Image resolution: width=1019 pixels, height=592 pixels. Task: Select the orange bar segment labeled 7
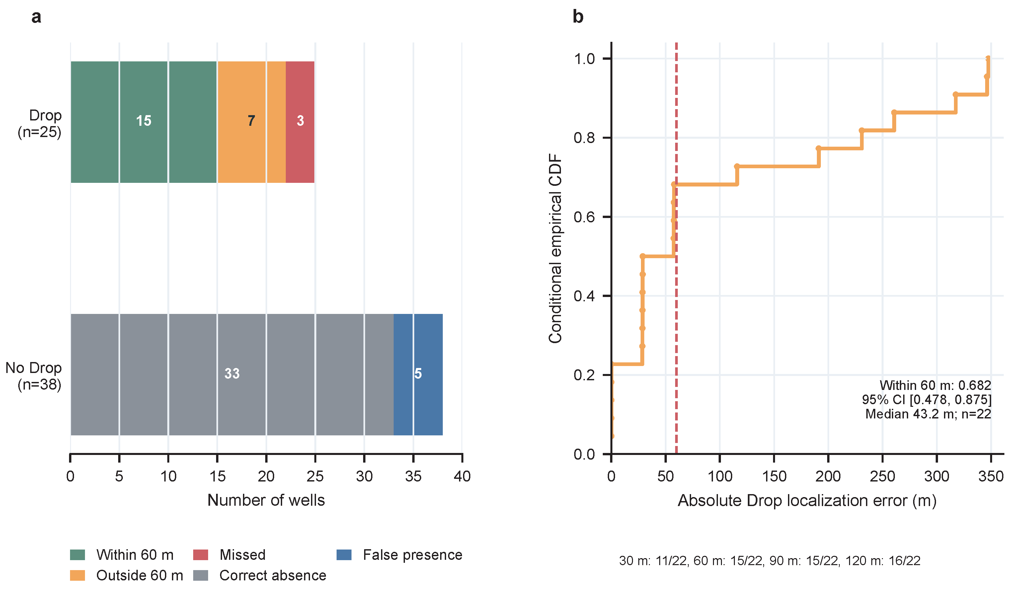point(252,122)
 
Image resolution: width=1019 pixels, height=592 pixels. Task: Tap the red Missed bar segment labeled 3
point(300,122)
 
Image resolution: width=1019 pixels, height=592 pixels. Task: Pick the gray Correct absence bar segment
point(232,374)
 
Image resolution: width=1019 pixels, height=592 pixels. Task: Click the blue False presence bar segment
point(418,374)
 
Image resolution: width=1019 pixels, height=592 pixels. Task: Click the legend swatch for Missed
point(200,555)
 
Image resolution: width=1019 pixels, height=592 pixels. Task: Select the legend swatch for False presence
point(344,555)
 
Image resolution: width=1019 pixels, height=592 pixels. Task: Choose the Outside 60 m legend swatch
point(77,575)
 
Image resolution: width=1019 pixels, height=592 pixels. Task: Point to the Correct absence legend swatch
point(200,575)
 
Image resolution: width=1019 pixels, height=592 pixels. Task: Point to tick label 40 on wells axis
point(462,476)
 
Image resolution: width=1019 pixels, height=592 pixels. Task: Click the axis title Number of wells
point(266,500)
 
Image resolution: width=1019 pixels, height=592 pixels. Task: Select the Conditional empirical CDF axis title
point(555,248)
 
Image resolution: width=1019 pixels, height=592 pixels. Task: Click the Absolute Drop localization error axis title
point(807,501)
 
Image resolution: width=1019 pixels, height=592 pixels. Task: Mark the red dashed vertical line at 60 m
point(676,248)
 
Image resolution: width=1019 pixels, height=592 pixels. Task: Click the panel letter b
point(578,17)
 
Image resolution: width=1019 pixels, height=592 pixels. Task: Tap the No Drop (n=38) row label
point(34,376)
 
